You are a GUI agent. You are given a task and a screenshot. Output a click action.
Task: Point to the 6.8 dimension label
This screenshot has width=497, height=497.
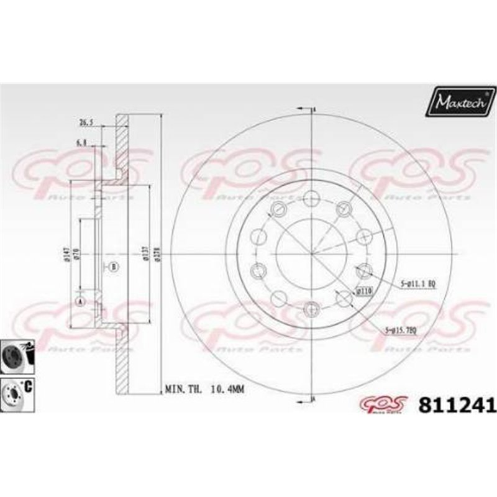pos(80,143)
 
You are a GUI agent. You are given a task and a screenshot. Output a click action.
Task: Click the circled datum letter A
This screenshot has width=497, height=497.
pos(80,301)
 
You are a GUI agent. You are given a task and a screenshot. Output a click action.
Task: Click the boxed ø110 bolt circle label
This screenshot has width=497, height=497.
pos(363,290)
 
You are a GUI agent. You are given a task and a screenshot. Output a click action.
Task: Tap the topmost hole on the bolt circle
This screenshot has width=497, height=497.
pos(311,199)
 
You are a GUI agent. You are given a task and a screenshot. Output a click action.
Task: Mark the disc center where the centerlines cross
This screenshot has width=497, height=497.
pos(311,253)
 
